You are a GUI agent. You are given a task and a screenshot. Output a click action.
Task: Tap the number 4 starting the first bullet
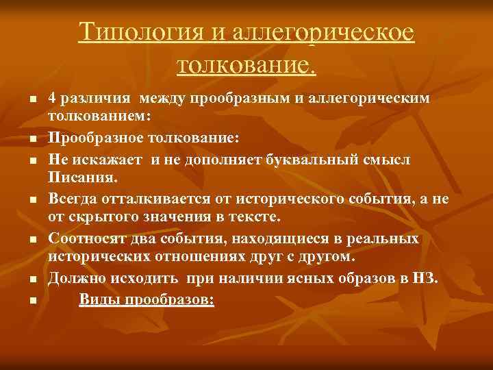click(x=53, y=99)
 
